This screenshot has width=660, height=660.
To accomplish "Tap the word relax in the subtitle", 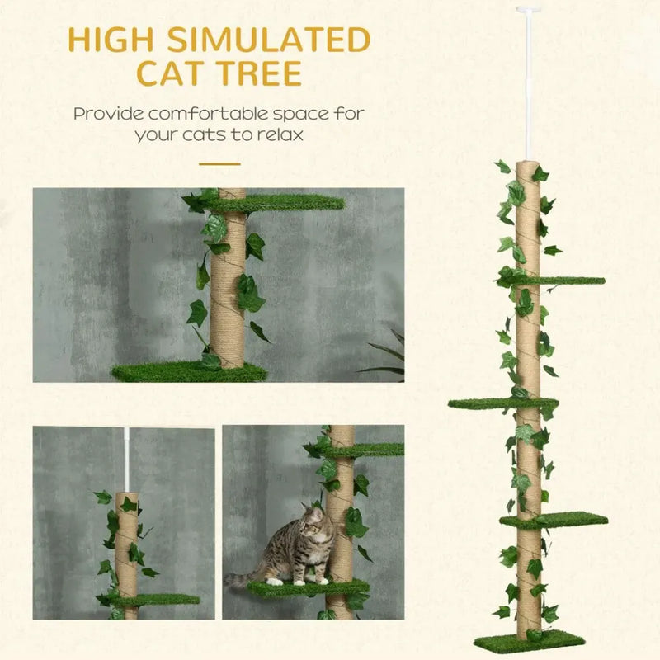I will tap(276, 134).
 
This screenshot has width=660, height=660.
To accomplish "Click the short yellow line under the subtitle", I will tap(219, 163).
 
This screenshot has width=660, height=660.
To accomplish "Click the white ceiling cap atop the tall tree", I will tap(524, 11).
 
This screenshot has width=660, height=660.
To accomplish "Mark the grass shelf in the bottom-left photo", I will tap(157, 600).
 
